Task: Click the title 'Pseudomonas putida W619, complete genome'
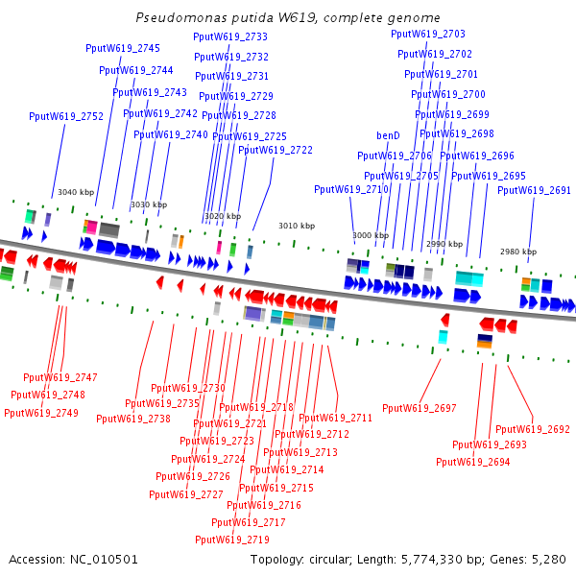288,18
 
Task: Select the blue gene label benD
388,135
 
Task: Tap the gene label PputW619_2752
66,116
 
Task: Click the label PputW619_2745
123,48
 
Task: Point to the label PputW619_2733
230,36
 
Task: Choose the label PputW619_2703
428,34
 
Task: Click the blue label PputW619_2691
534,190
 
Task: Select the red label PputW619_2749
41,413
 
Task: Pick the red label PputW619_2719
231,539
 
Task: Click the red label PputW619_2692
533,429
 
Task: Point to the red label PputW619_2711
335,418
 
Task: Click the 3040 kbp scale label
76,192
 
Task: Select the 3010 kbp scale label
297,226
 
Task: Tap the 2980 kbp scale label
518,252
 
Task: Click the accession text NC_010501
73,559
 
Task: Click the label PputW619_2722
276,150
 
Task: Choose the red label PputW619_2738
133,418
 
